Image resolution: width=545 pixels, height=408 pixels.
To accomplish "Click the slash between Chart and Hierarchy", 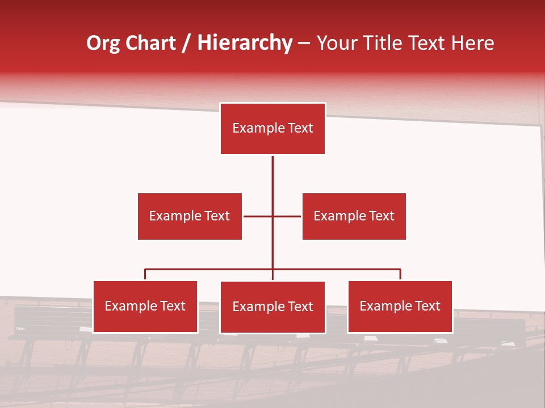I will click(x=186, y=43).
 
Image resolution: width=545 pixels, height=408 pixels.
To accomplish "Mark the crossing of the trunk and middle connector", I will click(x=272, y=216).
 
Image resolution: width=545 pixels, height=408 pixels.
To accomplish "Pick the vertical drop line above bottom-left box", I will click(x=145, y=275).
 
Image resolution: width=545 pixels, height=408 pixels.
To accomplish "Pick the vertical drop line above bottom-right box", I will click(x=400, y=275).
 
